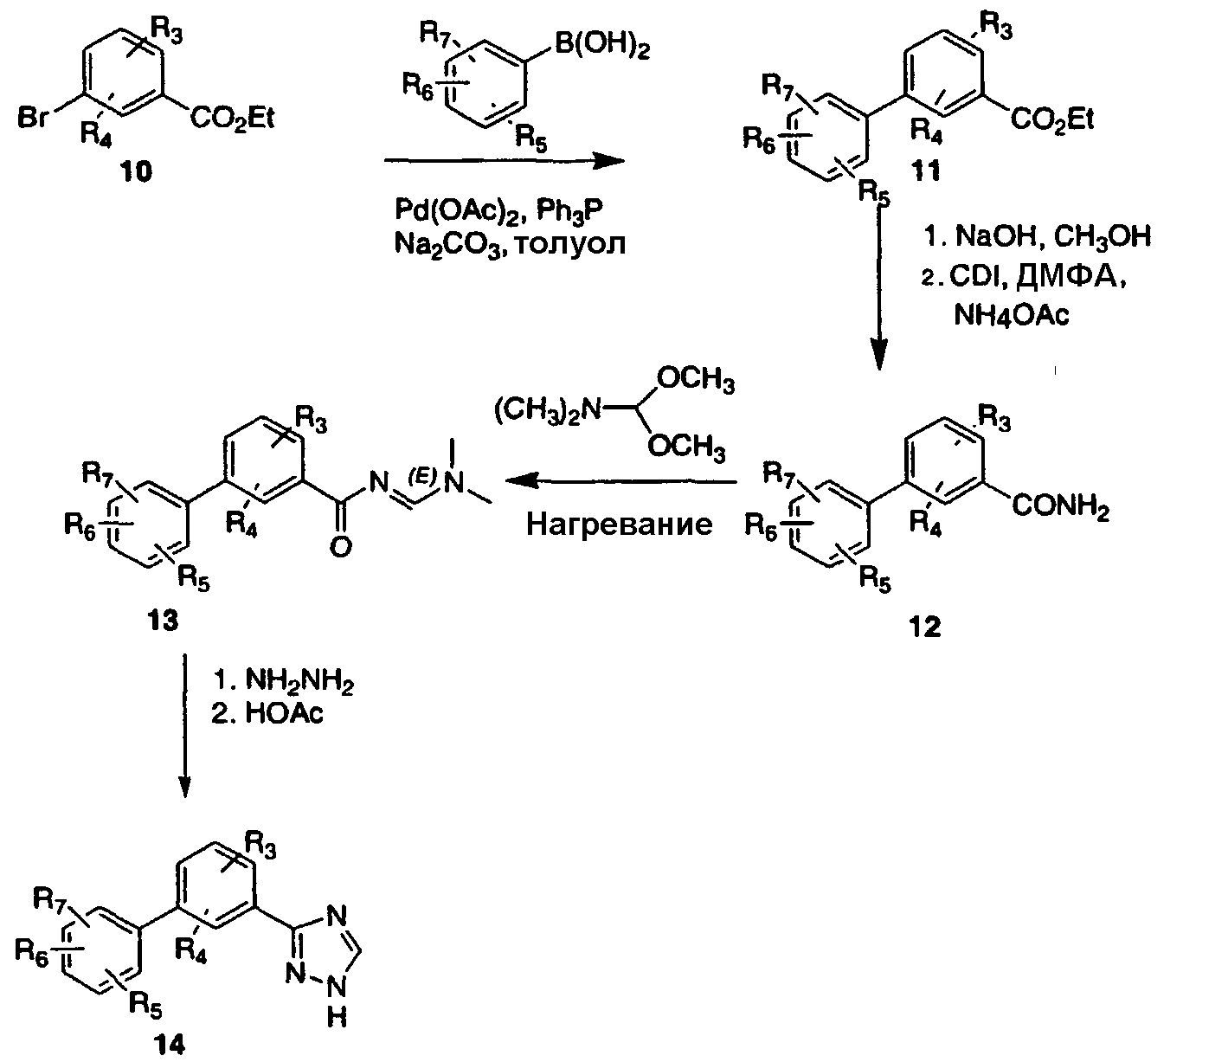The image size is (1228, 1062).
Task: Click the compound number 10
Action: click(x=136, y=172)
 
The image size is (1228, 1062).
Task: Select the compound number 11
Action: click(x=926, y=171)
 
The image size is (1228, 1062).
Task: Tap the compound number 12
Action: click(x=925, y=627)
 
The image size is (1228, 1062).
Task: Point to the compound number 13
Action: click(x=162, y=621)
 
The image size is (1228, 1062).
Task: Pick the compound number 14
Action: click(x=170, y=1044)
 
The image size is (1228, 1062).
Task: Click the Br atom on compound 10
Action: click(x=32, y=118)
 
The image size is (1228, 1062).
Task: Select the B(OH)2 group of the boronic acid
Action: click(x=601, y=47)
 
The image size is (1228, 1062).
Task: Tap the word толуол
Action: click(x=571, y=244)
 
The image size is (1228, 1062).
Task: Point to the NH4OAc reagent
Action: click(x=1011, y=314)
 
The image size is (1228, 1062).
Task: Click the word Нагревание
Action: click(x=619, y=524)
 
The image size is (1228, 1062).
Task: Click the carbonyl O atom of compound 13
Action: click(x=340, y=547)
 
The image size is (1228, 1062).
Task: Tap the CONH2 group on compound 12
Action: click(x=1060, y=508)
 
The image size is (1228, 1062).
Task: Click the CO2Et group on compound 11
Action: click(x=1051, y=120)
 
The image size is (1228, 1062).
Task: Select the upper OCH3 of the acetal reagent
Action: click(x=695, y=381)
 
